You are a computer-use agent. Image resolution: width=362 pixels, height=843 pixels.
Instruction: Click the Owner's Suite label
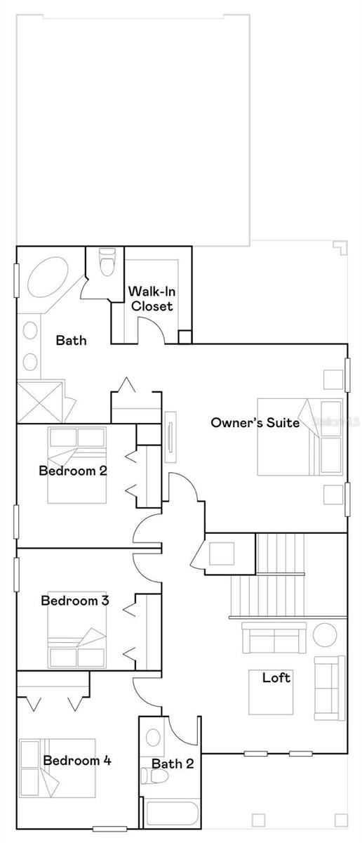255,423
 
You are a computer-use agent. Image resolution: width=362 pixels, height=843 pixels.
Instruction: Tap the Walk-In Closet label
152,299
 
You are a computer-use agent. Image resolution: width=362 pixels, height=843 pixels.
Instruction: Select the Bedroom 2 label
73,471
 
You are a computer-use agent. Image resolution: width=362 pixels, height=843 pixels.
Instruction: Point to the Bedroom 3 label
75,600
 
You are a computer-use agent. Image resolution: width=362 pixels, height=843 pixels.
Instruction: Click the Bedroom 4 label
77,760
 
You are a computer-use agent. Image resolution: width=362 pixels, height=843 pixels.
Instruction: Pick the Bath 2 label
173,764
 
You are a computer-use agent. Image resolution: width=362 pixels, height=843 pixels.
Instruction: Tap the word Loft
276,678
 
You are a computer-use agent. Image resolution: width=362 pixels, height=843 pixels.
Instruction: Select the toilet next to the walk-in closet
106,261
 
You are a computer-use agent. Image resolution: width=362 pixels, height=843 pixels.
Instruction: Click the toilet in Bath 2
154,776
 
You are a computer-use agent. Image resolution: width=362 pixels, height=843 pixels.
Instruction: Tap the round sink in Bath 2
154,738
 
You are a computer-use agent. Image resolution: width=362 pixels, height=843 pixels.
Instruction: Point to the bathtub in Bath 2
171,813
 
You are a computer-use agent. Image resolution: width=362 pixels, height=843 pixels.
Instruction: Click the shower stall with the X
39,402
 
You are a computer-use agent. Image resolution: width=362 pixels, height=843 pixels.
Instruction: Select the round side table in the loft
325,635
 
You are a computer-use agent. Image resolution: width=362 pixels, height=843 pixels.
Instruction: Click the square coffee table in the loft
271,692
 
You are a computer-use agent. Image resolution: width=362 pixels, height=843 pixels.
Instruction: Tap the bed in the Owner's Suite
300,437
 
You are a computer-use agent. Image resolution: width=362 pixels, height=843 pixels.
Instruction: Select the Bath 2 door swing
182,731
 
